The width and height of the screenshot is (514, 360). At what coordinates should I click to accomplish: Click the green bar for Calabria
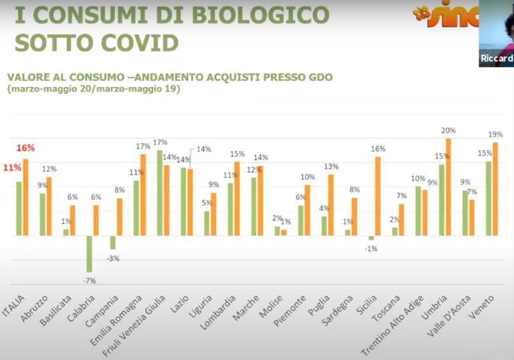point(89,253)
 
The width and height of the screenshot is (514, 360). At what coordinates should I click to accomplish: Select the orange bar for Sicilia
point(378,196)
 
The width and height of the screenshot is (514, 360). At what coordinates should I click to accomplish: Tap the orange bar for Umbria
point(449,187)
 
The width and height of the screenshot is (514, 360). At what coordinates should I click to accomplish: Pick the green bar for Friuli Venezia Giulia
point(159,193)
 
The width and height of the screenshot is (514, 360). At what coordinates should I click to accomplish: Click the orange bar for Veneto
point(496,189)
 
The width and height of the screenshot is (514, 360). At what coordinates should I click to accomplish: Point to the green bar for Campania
point(113,243)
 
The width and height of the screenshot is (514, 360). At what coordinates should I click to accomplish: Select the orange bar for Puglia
point(331,204)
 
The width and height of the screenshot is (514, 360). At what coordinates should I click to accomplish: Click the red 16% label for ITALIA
point(26,148)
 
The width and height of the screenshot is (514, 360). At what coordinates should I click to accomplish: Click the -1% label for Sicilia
point(371,248)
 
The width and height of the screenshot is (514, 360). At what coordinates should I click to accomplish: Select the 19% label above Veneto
point(496,135)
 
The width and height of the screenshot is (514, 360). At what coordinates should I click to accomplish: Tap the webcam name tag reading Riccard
point(497,58)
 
